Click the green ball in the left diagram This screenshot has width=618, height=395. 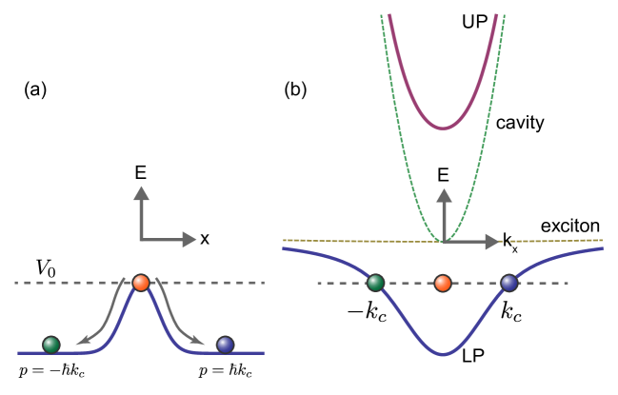51,345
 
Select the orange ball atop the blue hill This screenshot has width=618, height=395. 141,283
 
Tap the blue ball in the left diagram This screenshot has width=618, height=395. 226,345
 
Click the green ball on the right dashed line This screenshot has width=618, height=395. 376,283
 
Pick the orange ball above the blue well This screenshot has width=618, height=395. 443,283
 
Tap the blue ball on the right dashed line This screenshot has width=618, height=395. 509,283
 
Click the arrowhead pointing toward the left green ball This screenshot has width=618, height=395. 83,339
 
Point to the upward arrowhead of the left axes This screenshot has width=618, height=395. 142,193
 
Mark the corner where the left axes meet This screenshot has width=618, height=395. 142,240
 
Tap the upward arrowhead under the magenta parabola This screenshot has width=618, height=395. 444,196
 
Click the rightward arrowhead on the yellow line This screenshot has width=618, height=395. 491,242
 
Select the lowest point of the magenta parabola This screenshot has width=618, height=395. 443,128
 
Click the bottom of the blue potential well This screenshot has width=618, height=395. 443,354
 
